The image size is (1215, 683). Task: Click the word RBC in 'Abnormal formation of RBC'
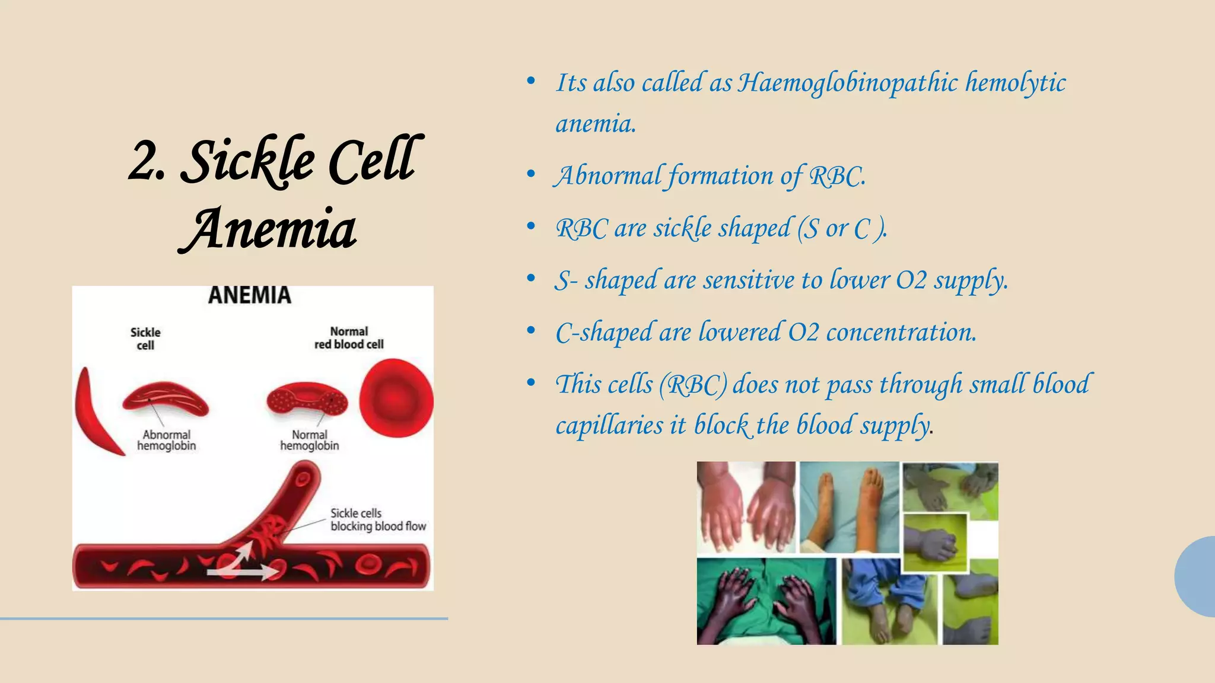(837, 176)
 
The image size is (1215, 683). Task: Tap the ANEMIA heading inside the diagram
(250, 295)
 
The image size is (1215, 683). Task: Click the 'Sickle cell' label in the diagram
(145, 339)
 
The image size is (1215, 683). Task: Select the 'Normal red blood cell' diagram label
(349, 338)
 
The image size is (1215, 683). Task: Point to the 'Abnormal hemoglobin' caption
(167, 440)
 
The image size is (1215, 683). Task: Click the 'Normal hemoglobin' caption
(310, 440)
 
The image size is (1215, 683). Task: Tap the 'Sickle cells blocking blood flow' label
(378, 519)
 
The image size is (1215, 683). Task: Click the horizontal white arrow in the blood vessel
(243, 573)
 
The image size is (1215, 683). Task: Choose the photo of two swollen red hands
(746, 509)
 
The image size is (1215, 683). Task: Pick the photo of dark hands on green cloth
(766, 601)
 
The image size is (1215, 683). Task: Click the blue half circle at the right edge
(1196, 576)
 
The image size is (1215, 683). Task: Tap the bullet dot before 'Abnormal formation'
(531, 174)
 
